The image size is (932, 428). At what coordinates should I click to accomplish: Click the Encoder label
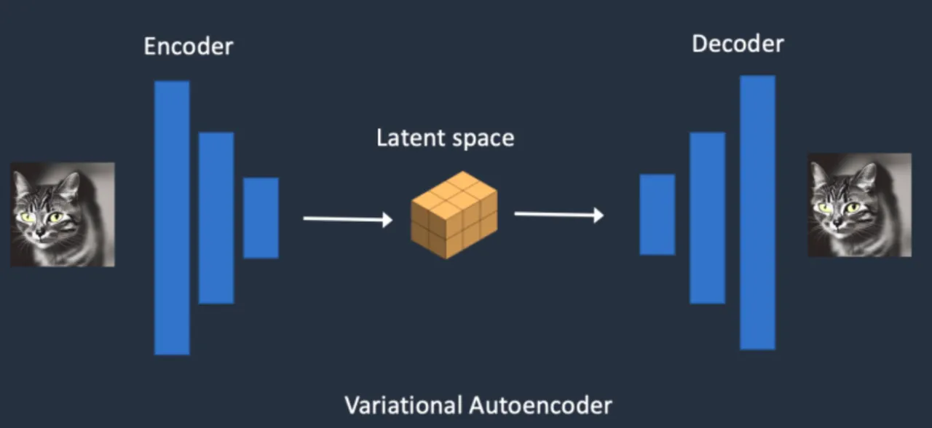(x=188, y=47)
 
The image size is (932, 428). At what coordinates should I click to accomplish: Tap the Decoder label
(x=737, y=44)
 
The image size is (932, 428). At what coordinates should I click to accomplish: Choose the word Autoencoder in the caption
(x=540, y=405)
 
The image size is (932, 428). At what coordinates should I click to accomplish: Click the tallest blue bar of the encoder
(x=172, y=218)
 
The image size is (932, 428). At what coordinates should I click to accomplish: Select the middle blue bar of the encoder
(x=216, y=218)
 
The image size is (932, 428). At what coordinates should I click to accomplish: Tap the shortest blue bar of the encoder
(x=261, y=218)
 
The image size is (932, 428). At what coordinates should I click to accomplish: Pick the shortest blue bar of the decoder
(x=657, y=215)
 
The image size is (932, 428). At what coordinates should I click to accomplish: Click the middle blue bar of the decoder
(x=707, y=218)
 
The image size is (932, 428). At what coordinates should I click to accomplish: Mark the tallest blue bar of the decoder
(x=757, y=213)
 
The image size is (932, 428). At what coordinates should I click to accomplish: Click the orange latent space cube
(x=454, y=214)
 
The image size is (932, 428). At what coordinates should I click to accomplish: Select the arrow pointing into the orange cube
(x=347, y=218)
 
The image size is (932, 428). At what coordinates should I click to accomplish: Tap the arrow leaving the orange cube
(x=558, y=215)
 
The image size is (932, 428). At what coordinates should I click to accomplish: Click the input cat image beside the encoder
(x=62, y=214)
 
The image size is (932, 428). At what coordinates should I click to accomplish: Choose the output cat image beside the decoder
(x=859, y=205)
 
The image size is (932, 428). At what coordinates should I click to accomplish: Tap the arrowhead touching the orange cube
(x=387, y=219)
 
